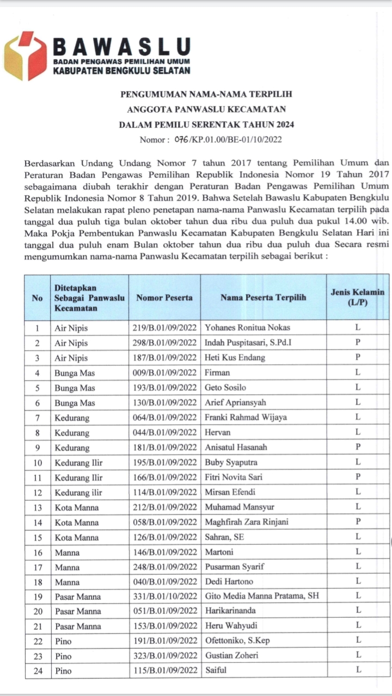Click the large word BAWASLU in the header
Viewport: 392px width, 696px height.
pyautogui.click(x=121, y=46)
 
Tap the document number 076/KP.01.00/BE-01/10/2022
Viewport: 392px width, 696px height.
pyautogui.click(x=228, y=139)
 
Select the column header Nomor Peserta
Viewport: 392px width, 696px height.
pyautogui.click(x=164, y=297)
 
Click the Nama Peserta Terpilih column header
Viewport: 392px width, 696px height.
pyautogui.click(x=263, y=297)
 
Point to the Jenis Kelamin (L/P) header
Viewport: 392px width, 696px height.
pyautogui.click(x=357, y=297)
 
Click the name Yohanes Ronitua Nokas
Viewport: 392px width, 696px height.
pyautogui.click(x=247, y=328)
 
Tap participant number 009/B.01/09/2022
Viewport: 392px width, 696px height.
pyautogui.click(x=164, y=372)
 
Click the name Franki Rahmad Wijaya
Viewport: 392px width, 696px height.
pyautogui.click(x=246, y=418)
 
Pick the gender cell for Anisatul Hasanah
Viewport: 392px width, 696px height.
pyautogui.click(x=358, y=447)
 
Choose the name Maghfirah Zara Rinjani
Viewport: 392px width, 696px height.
pyautogui.click(x=247, y=522)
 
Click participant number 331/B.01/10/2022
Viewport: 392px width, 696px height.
pyautogui.click(x=164, y=596)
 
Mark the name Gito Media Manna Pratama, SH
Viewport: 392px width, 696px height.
pyautogui.click(x=262, y=596)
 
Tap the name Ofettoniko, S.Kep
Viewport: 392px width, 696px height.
pyautogui.click(x=237, y=641)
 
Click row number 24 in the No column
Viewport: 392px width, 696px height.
pyautogui.click(x=38, y=670)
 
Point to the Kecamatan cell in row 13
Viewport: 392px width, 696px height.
pyautogui.click(x=76, y=507)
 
